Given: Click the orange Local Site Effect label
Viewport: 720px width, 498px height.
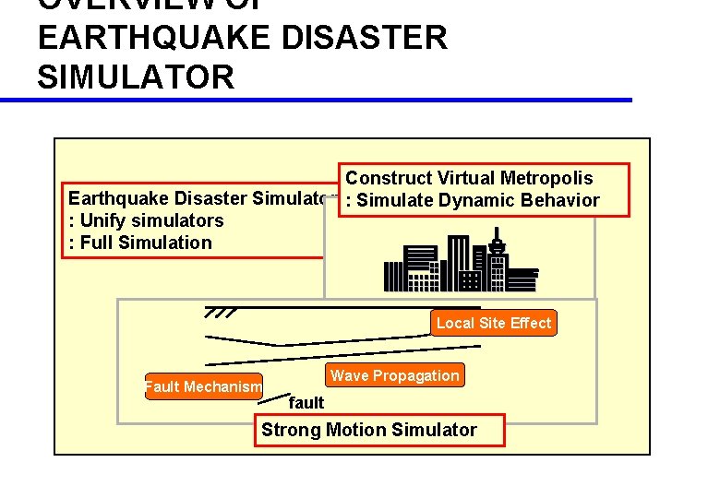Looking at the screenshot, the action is [x=494, y=323].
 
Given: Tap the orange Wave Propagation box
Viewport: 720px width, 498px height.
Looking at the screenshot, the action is [x=394, y=375].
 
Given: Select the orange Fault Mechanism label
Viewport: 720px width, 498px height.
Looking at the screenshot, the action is [x=203, y=386].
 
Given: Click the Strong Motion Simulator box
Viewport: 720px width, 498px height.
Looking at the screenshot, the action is [x=369, y=430].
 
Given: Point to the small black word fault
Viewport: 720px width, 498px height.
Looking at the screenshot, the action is [x=306, y=402].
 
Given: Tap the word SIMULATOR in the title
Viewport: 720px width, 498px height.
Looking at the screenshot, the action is [x=137, y=77].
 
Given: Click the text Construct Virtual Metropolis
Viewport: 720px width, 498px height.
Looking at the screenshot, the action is [x=469, y=178].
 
